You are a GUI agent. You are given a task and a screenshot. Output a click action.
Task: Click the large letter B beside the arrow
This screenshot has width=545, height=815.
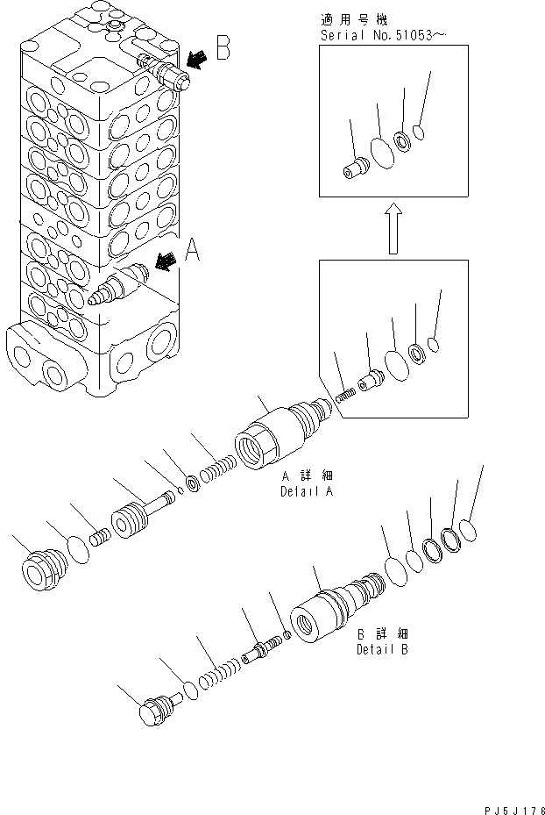[223, 48]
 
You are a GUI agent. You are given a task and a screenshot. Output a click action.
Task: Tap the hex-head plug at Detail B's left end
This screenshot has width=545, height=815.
[159, 706]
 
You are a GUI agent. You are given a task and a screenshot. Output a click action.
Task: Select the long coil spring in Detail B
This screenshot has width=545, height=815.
[216, 677]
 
